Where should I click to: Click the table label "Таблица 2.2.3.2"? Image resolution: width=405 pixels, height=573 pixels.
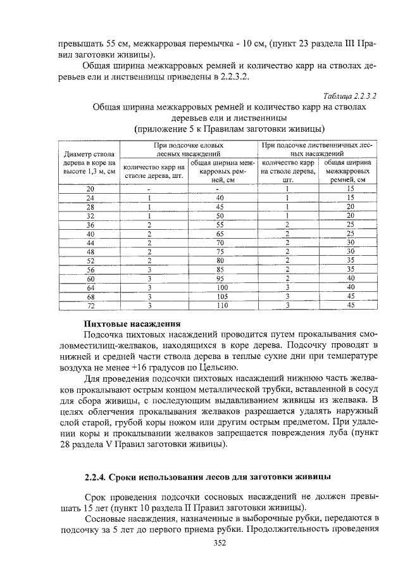pyautogui.click(x=349, y=96)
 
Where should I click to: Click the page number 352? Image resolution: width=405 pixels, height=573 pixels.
pyautogui.click(x=202, y=543)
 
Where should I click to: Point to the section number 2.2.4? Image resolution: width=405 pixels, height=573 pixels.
pyautogui.click(x=97, y=475)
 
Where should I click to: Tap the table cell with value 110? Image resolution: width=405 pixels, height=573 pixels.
pyautogui.click(x=220, y=306)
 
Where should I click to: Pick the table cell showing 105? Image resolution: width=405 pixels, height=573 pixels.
pyautogui.click(x=220, y=296)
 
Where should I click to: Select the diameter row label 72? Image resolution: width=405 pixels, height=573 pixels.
pyautogui.click(x=90, y=306)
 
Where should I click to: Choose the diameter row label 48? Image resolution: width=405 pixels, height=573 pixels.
pyautogui.click(x=90, y=251)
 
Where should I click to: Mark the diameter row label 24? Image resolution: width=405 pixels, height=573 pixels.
pyautogui.click(x=90, y=198)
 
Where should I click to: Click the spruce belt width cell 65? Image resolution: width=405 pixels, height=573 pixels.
pyautogui.click(x=220, y=234)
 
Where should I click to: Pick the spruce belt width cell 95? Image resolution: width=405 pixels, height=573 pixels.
pyautogui.click(x=220, y=279)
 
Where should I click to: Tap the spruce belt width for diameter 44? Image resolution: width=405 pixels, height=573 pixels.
pyautogui.click(x=220, y=242)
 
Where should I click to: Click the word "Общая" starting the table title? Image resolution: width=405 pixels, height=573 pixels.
pyautogui.click(x=108, y=108)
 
